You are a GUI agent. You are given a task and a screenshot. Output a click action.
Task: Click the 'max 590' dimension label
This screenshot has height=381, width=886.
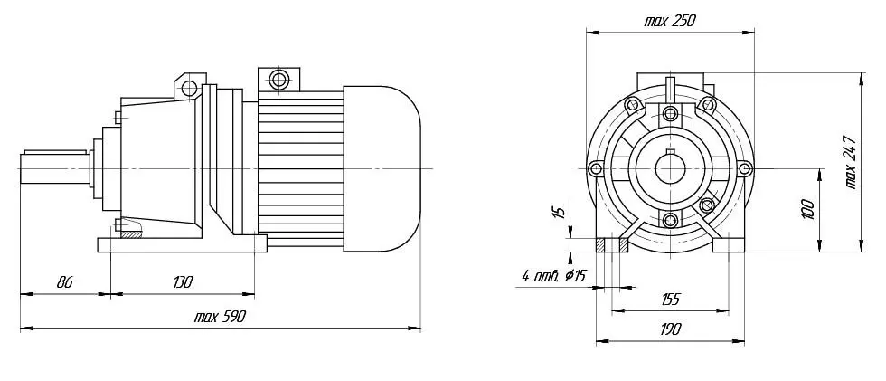click(x=219, y=317)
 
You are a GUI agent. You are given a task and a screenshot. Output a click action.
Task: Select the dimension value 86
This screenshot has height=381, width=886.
click(x=65, y=282)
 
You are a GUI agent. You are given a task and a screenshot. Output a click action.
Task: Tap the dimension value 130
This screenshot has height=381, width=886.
click(x=183, y=282)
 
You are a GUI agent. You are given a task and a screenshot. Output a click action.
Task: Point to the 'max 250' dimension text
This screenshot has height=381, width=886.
click(x=670, y=22)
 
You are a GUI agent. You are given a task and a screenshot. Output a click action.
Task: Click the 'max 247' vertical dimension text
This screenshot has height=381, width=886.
click(x=850, y=162)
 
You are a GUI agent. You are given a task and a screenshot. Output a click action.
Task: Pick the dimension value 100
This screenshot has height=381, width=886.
click(x=807, y=210)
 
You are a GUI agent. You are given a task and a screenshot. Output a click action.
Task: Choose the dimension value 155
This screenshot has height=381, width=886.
click(x=670, y=299)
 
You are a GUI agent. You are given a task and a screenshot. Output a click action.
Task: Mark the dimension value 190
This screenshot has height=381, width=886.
click(x=670, y=329)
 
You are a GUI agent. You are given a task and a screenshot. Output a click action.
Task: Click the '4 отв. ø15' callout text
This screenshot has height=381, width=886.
click(x=554, y=276)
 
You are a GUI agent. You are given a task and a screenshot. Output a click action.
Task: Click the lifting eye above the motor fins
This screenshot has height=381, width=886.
click(x=279, y=79)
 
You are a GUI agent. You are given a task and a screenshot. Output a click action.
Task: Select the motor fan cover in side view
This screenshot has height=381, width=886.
click(x=382, y=168)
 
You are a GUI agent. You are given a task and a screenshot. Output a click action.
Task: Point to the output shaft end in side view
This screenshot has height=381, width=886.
click(x=54, y=168)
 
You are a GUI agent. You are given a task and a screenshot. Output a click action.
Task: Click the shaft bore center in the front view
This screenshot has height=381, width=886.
click(x=670, y=168)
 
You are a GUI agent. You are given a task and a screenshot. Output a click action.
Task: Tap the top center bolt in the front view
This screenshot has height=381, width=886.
click(x=670, y=114)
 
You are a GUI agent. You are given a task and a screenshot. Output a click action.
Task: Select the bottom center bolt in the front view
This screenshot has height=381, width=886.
click(x=670, y=220)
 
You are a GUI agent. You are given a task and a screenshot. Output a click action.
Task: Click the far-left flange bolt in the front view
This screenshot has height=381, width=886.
click(x=595, y=168)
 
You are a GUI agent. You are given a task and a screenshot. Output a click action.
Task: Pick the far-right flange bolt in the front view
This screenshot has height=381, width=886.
click(x=745, y=168)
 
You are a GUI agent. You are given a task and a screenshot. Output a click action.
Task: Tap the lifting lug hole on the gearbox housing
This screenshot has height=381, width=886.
click(x=189, y=88)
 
